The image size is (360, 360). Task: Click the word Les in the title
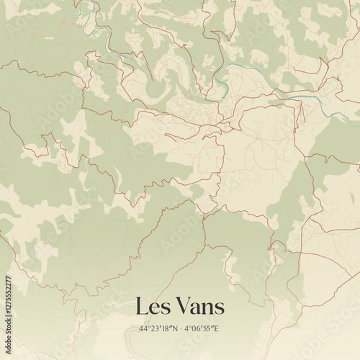click(x=152, y=307)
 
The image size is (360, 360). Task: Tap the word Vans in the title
click(x=198, y=307)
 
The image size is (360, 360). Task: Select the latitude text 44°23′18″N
click(x=158, y=329)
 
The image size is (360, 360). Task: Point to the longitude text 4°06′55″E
click(x=202, y=329)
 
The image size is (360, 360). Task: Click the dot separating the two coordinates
click(x=181, y=329)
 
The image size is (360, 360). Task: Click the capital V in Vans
click(x=181, y=307)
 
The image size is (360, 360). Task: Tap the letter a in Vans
click(x=194, y=307)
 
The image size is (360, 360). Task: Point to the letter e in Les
click(x=153, y=308)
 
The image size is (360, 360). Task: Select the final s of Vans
click(x=220, y=308)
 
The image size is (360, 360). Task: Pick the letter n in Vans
click(x=207, y=307)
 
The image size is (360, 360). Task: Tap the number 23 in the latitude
click(x=155, y=329)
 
